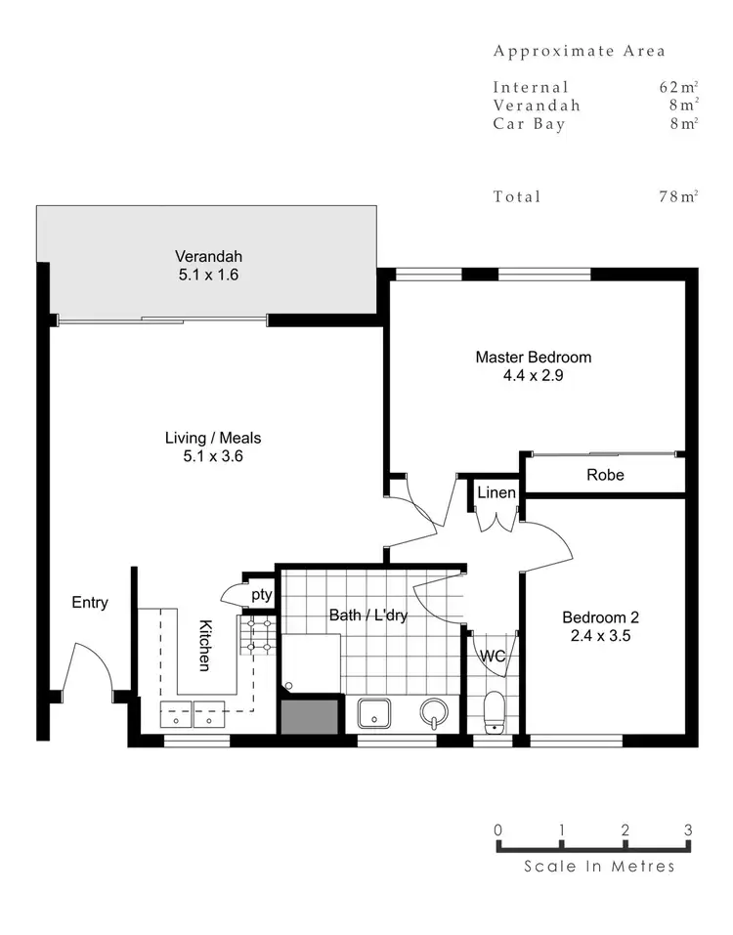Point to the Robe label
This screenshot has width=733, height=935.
605,475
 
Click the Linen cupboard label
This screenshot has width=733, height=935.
496,493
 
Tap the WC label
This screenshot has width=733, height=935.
493,657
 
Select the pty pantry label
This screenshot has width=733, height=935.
261,594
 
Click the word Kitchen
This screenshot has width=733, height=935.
206,645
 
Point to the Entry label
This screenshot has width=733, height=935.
90,603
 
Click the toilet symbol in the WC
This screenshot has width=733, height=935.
496,711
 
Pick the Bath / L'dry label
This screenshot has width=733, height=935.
369,616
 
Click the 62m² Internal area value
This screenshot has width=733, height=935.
677,87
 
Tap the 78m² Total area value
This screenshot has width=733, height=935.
677,196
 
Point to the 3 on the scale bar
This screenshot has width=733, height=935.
688,830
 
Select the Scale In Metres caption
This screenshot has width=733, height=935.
598,866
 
